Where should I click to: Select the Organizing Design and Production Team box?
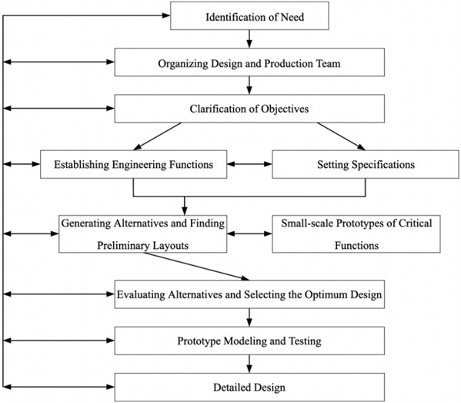248,63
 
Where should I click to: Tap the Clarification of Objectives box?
248,109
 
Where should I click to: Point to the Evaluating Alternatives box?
248,294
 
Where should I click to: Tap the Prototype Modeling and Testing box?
248,338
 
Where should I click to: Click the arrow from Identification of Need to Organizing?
248,39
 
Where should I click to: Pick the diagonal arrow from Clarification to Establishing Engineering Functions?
160,135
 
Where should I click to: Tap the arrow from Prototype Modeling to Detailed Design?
248,361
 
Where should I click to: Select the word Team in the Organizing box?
326,63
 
